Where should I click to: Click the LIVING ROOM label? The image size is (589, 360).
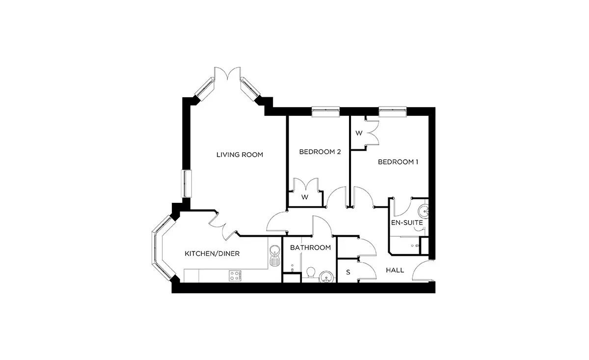tap(240, 155)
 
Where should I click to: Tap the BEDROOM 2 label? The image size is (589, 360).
tap(320, 152)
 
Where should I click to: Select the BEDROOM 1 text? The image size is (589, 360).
tap(398, 162)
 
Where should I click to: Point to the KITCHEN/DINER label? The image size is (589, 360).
tap(212, 254)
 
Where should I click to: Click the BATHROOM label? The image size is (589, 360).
tap(310, 248)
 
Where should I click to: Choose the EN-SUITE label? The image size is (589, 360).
tap(407, 222)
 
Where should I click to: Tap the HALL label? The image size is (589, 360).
tap(395, 270)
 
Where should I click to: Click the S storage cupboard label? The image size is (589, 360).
tap(348, 273)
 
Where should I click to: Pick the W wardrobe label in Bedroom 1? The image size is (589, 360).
tap(359, 133)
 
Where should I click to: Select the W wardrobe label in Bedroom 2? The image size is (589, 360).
tap(305, 197)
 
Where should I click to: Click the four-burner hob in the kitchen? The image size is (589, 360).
tap(235, 276)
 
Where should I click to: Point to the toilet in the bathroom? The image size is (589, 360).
tap(311, 273)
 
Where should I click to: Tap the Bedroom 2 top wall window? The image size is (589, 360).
tap(325, 111)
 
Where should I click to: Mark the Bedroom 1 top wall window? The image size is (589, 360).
tap(393, 111)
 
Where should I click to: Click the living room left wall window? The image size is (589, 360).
tap(187, 184)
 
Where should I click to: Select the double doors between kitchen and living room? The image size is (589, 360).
tap(223, 226)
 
